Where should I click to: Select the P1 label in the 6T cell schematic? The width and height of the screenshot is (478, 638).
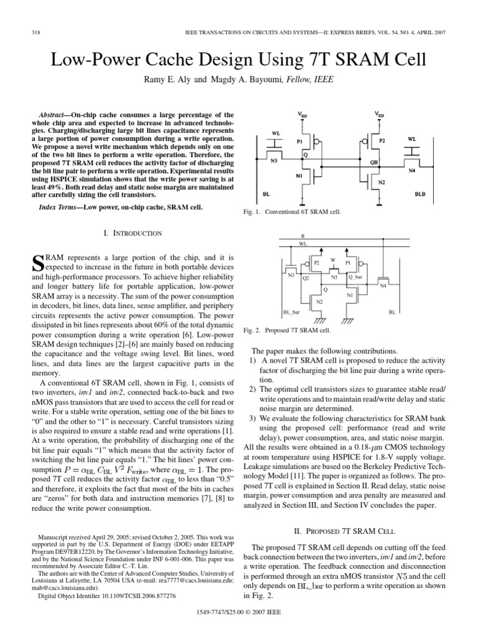pyautogui.click(x=299, y=141)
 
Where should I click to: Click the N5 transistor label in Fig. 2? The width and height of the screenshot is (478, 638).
pyautogui.click(x=334, y=276)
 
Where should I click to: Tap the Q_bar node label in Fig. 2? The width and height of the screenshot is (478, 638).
pyautogui.click(x=355, y=276)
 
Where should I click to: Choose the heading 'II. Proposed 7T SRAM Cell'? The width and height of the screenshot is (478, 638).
pyautogui.click(x=344, y=530)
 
